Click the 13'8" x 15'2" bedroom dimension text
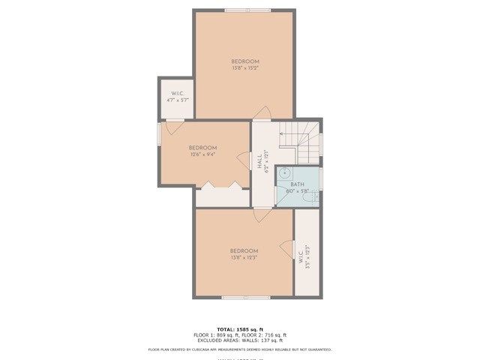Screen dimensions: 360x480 click(245, 68)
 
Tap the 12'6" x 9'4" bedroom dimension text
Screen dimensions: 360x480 click(202, 155)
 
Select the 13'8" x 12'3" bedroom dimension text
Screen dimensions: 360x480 click(244, 257)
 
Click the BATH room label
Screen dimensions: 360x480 click(297, 184)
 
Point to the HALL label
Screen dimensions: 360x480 click(259, 160)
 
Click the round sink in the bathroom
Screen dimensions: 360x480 click(284, 173)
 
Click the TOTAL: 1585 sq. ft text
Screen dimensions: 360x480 click(239, 329)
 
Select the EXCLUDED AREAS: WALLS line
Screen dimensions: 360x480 click(239, 340)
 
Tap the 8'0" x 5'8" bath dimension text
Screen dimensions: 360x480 click(297, 191)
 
